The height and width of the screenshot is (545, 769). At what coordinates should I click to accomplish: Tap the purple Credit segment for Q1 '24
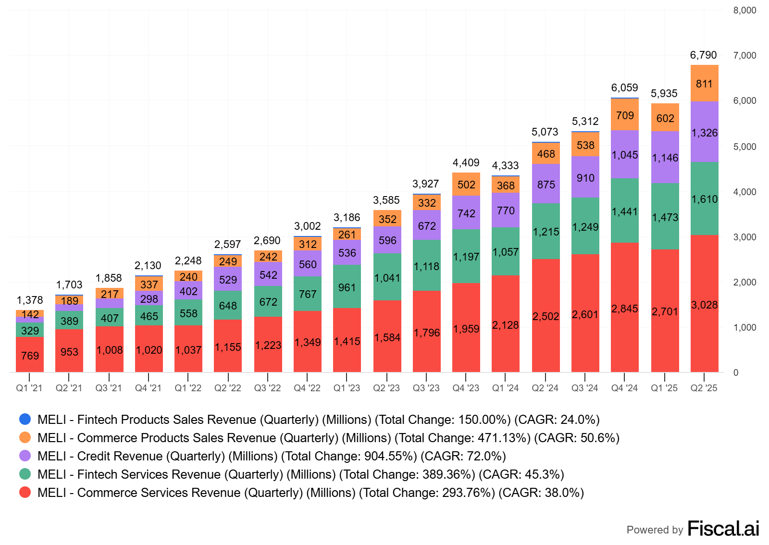(x=506, y=210)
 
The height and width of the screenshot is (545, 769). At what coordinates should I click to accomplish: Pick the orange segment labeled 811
(x=704, y=83)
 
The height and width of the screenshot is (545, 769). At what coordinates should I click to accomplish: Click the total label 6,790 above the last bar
(x=703, y=55)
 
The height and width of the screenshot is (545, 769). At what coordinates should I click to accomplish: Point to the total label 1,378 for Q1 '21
(x=30, y=300)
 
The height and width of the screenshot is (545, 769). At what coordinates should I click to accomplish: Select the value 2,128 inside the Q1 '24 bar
(x=506, y=325)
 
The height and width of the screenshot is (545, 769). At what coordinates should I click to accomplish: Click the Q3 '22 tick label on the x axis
(x=267, y=388)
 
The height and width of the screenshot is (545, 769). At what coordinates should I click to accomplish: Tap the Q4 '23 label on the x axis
(x=466, y=388)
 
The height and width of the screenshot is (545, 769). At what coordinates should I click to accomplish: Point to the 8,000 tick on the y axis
(x=744, y=10)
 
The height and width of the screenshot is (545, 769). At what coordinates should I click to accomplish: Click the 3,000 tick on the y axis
(x=744, y=237)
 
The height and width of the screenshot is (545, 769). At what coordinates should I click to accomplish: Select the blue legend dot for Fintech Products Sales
(x=25, y=419)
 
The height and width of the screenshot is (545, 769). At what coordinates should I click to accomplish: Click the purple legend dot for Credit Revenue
(x=25, y=456)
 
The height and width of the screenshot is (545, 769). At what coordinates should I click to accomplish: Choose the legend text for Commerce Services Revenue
(x=310, y=493)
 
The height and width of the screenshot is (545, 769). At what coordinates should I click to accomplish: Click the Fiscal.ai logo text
(x=723, y=529)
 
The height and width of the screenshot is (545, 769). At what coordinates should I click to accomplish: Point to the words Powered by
(x=655, y=530)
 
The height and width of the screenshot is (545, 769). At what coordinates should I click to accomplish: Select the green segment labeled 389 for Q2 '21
(x=69, y=321)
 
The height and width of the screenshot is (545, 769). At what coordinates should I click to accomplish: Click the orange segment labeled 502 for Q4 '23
(x=466, y=184)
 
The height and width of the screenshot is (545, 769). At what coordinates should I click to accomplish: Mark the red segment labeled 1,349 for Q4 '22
(x=307, y=342)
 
